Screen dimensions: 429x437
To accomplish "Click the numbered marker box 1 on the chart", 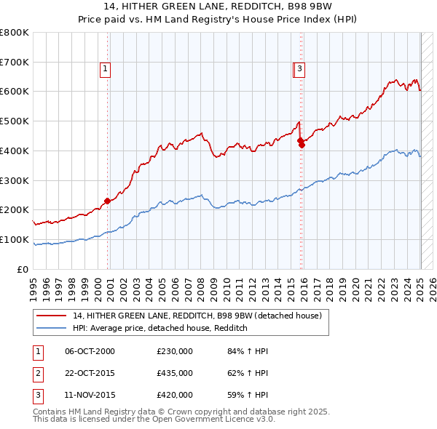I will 105,69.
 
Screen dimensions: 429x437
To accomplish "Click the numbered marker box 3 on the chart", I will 299,69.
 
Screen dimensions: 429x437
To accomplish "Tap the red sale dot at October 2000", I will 107,200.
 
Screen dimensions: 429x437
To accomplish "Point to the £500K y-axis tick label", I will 15,121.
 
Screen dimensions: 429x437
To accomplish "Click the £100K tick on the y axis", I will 15,239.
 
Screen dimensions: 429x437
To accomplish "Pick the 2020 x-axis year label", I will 355,284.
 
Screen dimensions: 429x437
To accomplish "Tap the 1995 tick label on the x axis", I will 34,284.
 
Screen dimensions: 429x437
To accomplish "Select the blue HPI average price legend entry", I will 160,329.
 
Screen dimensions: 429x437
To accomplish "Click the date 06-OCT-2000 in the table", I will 90,351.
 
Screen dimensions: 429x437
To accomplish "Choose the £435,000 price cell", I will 175,373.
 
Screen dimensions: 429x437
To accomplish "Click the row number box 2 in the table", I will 37,373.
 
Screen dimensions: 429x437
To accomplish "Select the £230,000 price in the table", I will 175,351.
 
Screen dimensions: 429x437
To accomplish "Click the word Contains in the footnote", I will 51,412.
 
